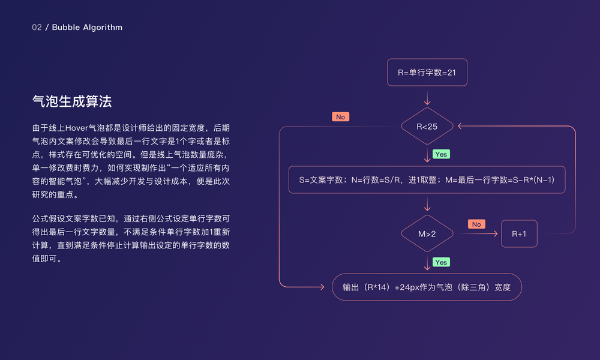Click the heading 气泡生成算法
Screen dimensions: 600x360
click(72, 101)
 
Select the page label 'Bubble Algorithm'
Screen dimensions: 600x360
click(87, 27)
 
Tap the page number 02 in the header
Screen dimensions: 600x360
click(37, 27)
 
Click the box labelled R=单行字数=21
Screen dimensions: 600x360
click(427, 73)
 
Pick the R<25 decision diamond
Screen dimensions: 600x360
click(427, 127)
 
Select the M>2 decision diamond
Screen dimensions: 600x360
click(427, 233)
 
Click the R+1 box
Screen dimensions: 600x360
click(519, 233)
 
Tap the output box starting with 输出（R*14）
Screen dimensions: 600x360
click(427, 287)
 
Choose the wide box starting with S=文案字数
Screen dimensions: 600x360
click(427, 179)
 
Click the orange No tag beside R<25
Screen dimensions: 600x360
click(340, 117)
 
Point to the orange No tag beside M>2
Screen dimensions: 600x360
click(476, 224)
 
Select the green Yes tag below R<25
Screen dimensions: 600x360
click(441, 154)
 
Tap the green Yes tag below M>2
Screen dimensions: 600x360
click(441, 262)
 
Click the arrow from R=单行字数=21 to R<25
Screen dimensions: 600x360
click(427, 98)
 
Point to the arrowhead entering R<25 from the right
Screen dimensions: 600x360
click(460, 127)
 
